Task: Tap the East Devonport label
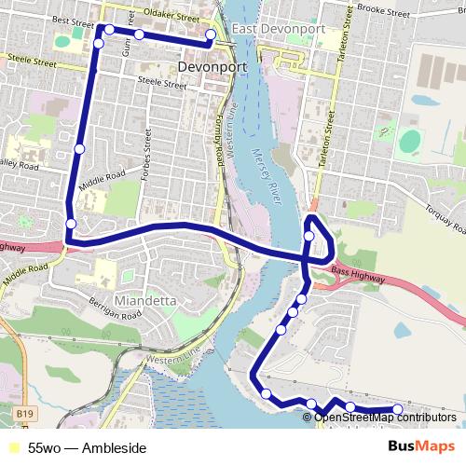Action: (279, 29)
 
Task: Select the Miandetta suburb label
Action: (145, 300)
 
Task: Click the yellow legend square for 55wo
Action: (11, 448)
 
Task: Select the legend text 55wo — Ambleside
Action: (87, 448)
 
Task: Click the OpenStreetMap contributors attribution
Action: (384, 418)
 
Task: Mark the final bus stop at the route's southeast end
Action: (398, 409)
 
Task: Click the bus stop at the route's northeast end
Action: (211, 34)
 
